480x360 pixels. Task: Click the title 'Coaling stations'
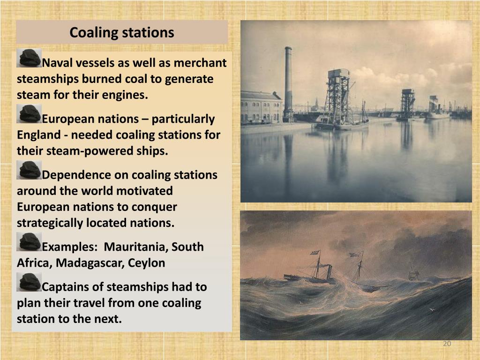point(121,32)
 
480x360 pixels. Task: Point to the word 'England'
point(38,135)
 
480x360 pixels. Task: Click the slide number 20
point(447,344)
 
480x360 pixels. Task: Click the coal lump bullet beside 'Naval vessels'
point(29,58)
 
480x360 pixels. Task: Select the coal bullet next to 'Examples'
point(29,242)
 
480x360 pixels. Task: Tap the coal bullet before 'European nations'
point(29,114)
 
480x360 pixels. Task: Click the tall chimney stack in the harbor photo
point(288,82)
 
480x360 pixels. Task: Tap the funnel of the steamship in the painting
point(329,272)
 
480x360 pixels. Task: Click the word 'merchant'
point(200,63)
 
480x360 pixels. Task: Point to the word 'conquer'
point(154,207)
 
